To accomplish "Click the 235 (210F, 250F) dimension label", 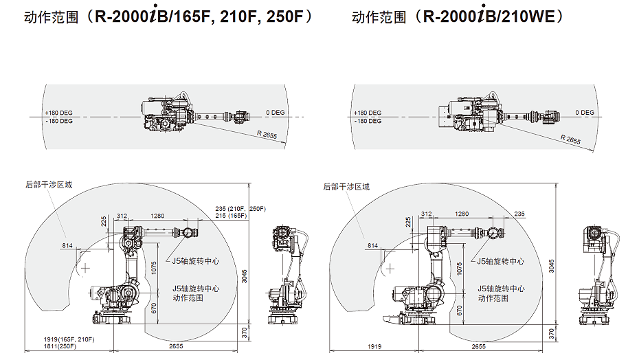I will (x=240, y=208).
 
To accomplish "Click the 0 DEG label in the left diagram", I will (x=275, y=112).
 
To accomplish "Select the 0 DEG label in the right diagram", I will (x=585, y=112).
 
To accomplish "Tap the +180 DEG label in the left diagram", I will (x=58, y=113).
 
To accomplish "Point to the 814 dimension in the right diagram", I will (x=372, y=245).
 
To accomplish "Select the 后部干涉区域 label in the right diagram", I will (x=346, y=186).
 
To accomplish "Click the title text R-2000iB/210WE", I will (x=493, y=16).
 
